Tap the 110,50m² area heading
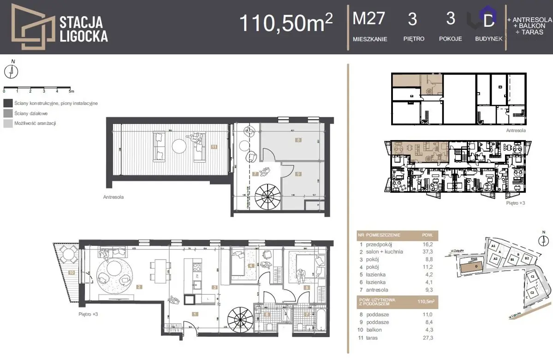(286, 23)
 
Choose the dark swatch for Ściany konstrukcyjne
(7, 104)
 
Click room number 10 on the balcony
(71, 272)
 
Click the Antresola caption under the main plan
(113, 197)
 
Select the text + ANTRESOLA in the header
(529, 20)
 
